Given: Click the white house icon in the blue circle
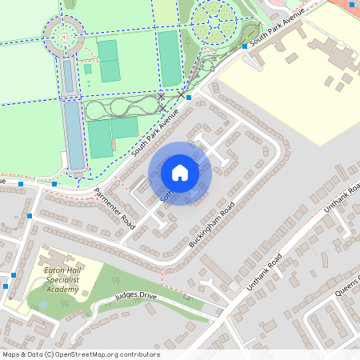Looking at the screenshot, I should (180, 172).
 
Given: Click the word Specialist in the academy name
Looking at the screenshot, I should (62, 281).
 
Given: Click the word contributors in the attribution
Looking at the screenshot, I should (138, 354).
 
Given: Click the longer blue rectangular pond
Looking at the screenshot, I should (74, 134).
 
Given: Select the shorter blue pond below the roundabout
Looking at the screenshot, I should (68, 75).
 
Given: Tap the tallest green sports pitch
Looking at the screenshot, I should (170, 58).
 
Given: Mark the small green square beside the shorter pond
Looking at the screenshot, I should (87, 69).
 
